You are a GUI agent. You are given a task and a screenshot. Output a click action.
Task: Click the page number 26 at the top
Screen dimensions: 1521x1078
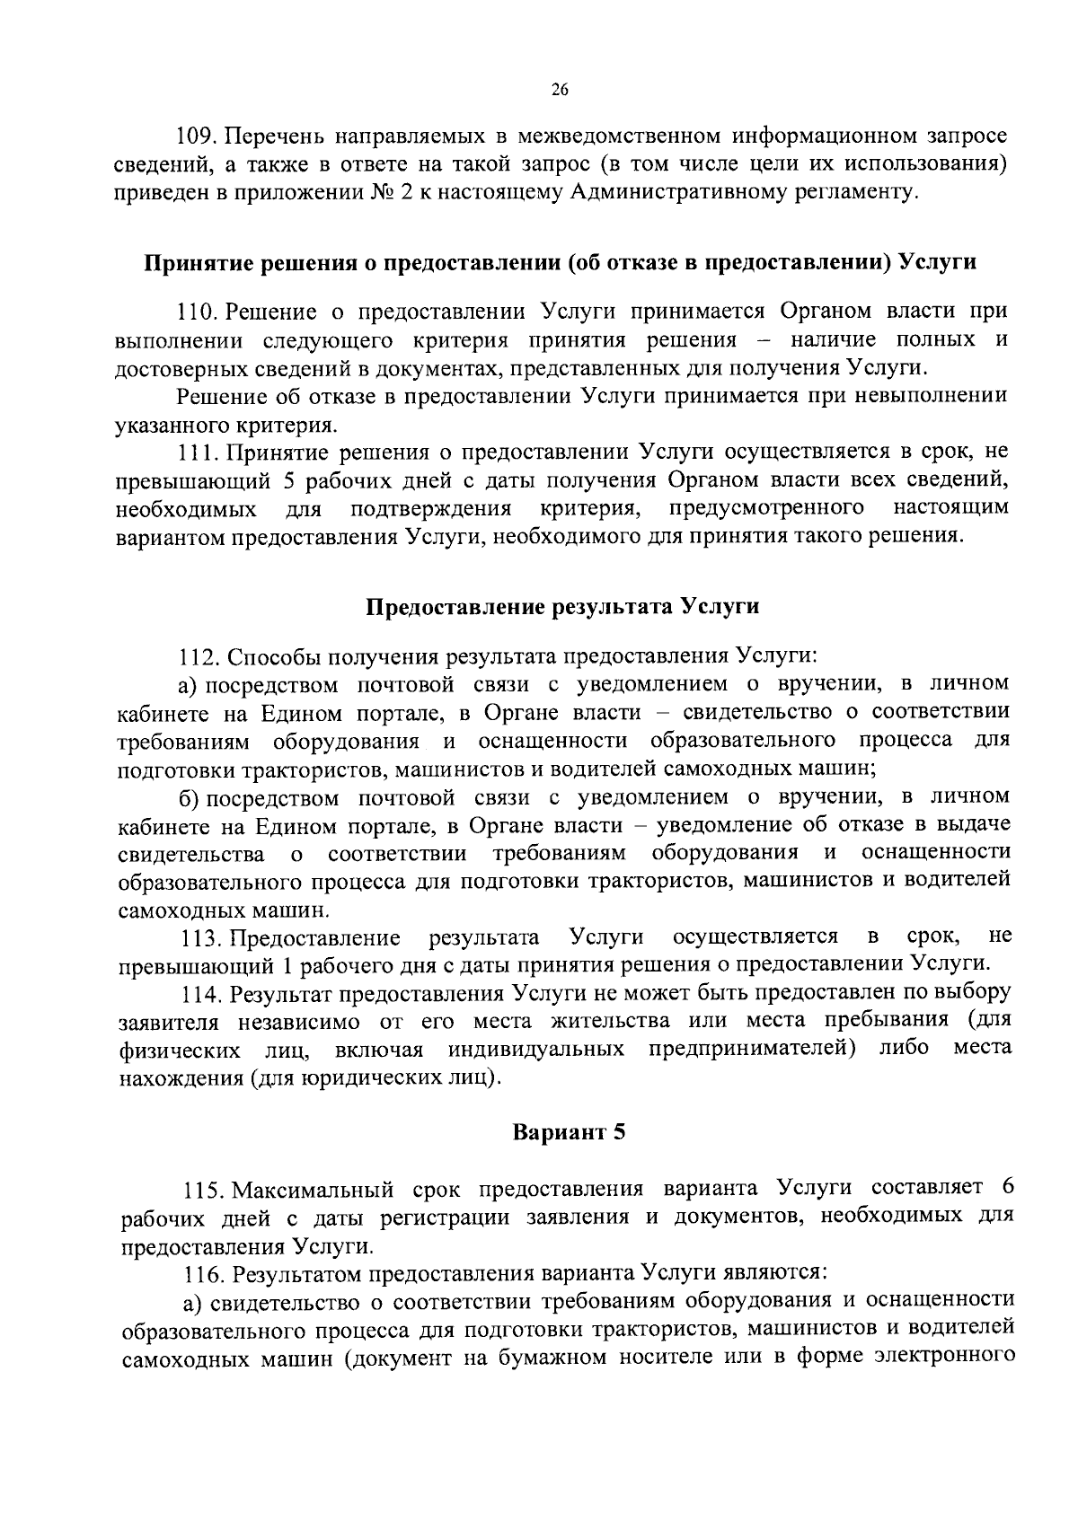click(560, 89)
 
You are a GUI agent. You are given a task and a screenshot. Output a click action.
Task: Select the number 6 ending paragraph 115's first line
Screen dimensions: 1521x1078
click(1007, 1187)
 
